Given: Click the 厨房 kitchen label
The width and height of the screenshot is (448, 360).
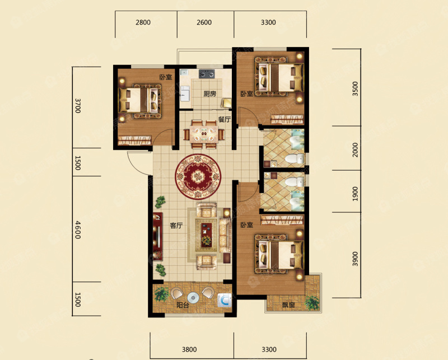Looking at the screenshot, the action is point(209,93).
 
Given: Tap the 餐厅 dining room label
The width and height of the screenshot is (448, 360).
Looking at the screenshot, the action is point(225,119).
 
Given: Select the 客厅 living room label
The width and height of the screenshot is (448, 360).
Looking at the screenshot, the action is point(176,226).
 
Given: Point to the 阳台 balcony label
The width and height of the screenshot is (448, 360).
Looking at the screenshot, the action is point(183,305).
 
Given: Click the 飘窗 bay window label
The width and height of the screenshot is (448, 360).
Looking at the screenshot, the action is point(288,305).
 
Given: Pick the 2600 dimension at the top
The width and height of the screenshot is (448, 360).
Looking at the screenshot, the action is point(204,22).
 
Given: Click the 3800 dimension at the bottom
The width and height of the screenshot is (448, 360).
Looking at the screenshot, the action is point(189,349).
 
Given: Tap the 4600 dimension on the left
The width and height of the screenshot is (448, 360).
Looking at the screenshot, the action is point(78,230).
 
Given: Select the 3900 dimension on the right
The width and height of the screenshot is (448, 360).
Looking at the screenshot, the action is point(355,259).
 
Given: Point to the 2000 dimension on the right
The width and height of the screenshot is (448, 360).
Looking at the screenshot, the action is point(355,149).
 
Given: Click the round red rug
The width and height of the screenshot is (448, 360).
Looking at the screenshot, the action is point(198,176).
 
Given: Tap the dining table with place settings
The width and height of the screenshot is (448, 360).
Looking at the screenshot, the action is point(204,134).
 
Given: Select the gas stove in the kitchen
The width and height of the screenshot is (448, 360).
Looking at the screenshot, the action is point(207,74).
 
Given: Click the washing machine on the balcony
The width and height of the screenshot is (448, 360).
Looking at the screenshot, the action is point(225,301).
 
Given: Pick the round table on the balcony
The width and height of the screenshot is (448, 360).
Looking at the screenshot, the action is point(193,298).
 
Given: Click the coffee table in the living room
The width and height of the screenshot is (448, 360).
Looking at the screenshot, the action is point(206,235).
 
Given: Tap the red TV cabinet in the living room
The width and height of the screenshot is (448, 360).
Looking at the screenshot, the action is point(158,236).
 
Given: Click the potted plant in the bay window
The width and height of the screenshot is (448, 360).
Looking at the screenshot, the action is point(312,303).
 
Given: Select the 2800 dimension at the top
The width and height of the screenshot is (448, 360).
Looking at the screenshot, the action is point(143,22).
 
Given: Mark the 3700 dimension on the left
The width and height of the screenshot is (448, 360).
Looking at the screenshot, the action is point(78,106).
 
